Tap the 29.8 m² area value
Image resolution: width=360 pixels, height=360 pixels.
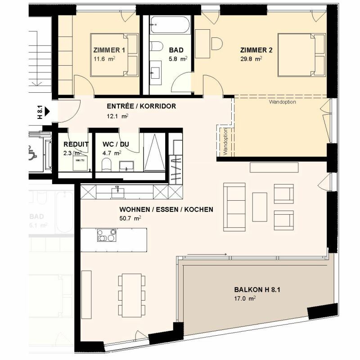(x=251, y=58)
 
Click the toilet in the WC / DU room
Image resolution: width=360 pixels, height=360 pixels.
(x=106, y=166)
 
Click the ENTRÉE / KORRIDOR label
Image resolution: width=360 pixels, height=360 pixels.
(x=141, y=107)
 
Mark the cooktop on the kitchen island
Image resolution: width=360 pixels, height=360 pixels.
(x=107, y=235)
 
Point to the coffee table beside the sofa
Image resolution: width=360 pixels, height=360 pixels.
(x=260, y=207)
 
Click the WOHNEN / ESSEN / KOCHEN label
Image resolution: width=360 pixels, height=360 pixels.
(x=166, y=210)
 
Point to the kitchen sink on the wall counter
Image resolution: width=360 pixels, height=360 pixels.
(x=117, y=191)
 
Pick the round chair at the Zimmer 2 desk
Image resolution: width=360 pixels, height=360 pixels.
(x=217, y=44)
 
